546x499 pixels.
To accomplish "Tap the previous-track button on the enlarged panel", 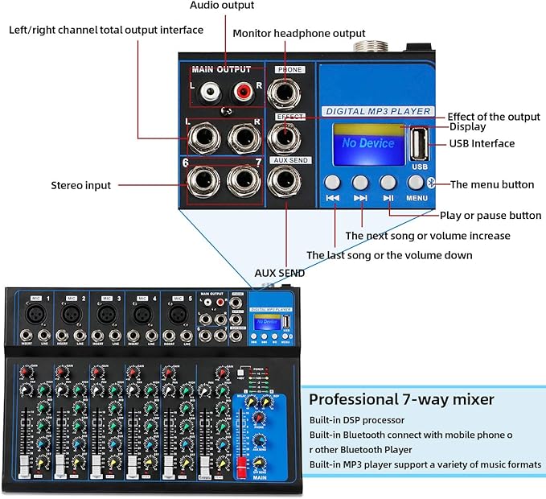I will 334,183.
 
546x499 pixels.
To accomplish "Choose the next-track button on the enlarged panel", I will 360,183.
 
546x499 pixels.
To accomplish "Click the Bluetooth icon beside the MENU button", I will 431,182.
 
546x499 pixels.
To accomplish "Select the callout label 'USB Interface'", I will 482,143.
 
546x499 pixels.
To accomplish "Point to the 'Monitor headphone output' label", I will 298,33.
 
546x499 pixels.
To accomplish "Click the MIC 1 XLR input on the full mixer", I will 35,312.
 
